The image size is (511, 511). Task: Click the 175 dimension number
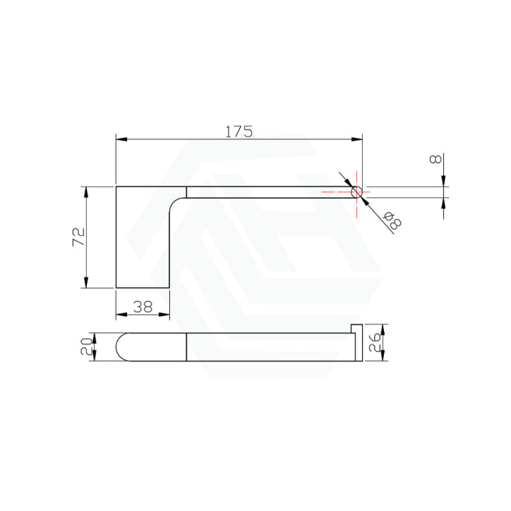[x=239, y=131]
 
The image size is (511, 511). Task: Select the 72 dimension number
[x=78, y=237]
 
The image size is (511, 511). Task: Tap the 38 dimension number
[x=143, y=307]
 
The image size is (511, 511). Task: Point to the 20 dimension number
[x=86, y=346]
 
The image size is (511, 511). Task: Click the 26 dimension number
[x=375, y=342]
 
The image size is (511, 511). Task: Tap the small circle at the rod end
[x=357, y=192]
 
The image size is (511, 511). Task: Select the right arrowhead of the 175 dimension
[x=357, y=140]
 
